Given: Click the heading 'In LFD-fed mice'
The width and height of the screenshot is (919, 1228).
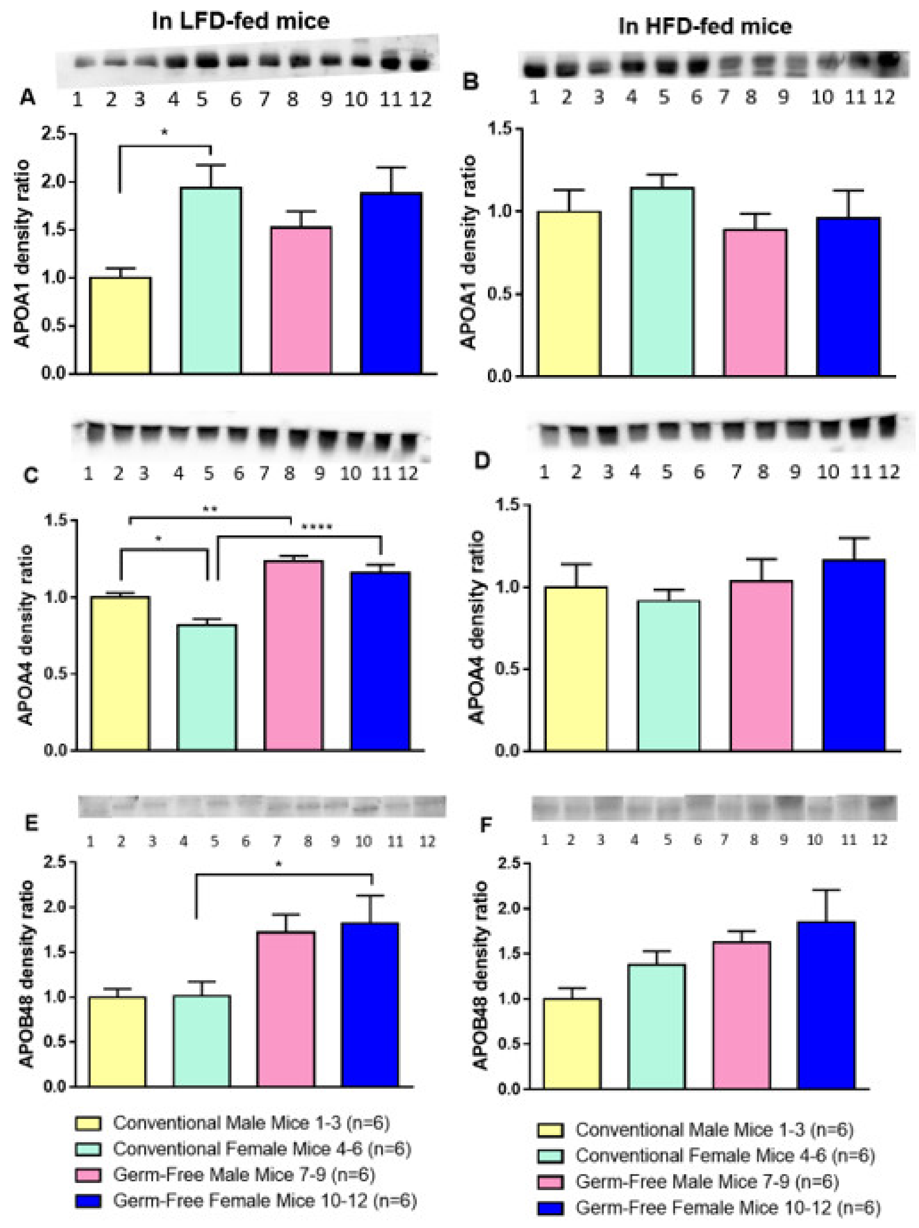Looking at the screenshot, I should [x=241, y=21].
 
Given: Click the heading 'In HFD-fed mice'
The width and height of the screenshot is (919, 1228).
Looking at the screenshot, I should [x=705, y=26].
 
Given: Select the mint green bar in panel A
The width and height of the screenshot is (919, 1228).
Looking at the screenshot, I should [x=211, y=280].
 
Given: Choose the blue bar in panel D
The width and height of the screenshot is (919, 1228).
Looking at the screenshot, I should [x=853, y=655].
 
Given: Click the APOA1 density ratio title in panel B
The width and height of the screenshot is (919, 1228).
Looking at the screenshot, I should [x=470, y=253].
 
